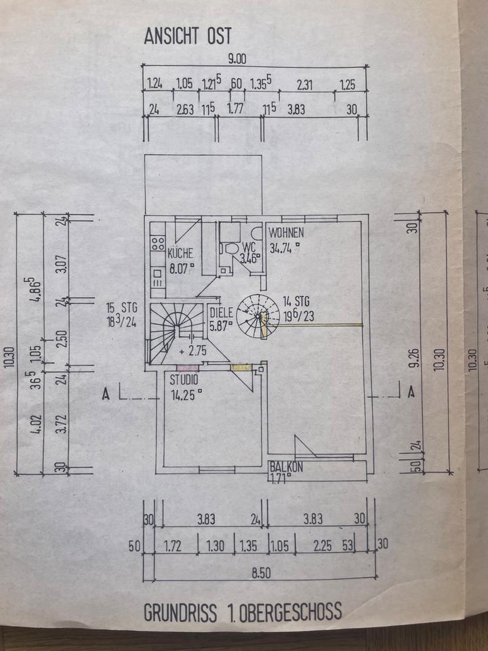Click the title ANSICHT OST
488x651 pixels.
point(187,37)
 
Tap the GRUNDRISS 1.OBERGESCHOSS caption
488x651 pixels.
point(243,613)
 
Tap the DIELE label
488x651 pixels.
point(222,313)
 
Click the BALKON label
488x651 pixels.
point(286,467)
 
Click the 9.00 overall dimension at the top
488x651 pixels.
point(237,59)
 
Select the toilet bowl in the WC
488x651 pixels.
point(232,248)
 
